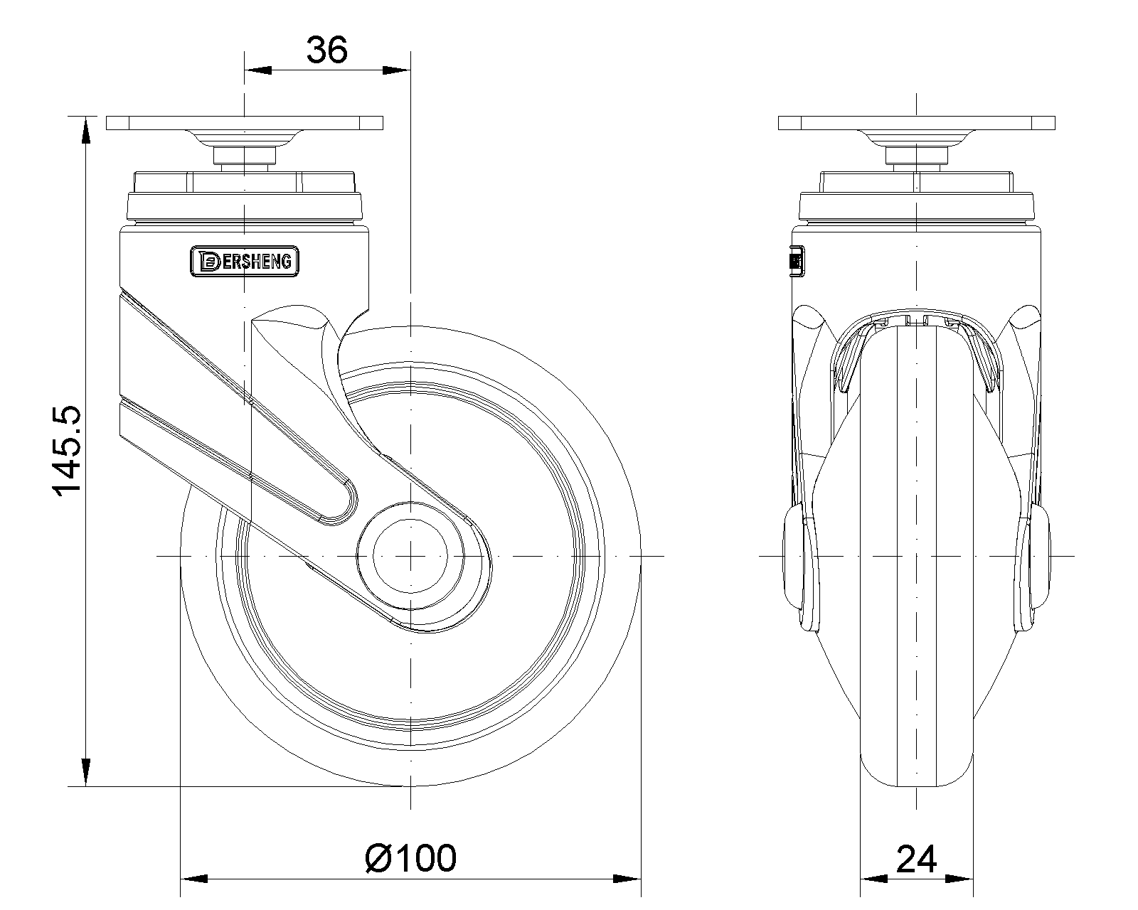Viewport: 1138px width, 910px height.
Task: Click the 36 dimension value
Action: (326, 50)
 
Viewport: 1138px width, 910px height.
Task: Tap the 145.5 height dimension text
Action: (67, 451)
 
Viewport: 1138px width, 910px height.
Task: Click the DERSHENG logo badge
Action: (244, 261)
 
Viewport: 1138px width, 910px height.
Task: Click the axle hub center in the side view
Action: (410, 556)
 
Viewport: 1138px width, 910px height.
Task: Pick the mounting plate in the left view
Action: (244, 123)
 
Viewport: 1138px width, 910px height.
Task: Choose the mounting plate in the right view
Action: (916, 123)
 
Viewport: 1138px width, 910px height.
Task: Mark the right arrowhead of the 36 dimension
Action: (397, 70)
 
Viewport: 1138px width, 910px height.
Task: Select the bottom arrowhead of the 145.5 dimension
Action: (85, 773)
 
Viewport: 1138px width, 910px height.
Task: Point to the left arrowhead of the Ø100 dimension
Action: (194, 879)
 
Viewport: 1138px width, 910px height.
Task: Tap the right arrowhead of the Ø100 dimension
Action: (627, 879)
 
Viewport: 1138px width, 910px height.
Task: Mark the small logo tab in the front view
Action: (797, 261)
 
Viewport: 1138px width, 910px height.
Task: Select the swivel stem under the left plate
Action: (244, 156)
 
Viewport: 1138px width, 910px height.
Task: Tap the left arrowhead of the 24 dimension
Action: (873, 879)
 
